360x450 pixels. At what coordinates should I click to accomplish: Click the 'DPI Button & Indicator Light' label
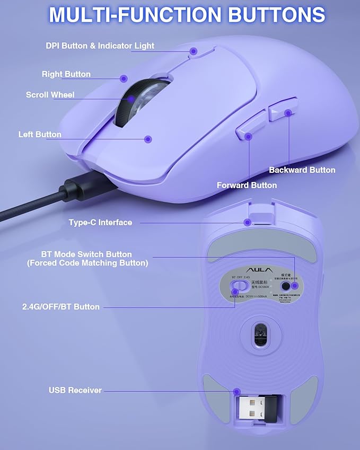point(100,46)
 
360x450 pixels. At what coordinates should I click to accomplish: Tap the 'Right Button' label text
point(66,74)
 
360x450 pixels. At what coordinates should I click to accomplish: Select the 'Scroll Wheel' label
point(50,95)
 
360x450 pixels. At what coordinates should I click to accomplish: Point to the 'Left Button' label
point(40,135)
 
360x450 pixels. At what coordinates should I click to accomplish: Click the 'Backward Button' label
point(302,170)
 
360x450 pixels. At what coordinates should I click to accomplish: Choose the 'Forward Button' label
point(247,186)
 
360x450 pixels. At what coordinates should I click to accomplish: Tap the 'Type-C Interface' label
point(100,223)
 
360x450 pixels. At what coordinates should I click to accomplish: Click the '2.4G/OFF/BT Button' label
point(60,307)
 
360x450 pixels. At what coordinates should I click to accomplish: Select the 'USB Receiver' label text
point(75,390)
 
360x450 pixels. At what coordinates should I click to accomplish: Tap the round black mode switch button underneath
point(287,286)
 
